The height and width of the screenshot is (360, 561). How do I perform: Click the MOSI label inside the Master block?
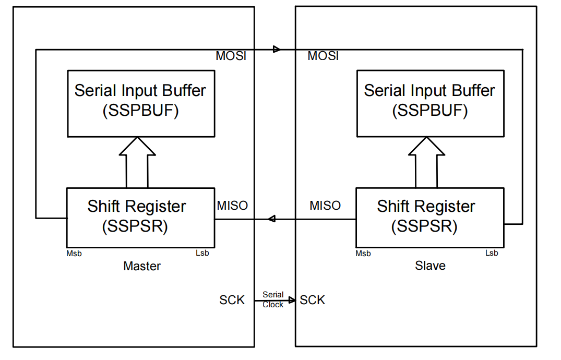(231, 56)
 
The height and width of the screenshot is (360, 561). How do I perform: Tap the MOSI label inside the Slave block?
(323, 56)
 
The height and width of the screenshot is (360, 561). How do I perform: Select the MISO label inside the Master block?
(232, 206)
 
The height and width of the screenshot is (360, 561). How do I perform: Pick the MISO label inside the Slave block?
(325, 206)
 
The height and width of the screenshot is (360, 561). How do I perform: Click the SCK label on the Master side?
(232, 300)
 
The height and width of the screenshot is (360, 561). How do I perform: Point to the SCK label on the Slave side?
(313, 300)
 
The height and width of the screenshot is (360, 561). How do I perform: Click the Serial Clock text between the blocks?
(273, 300)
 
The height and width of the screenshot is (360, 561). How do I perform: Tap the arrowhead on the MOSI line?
(277, 50)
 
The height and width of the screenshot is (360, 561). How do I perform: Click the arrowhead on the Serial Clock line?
(292, 300)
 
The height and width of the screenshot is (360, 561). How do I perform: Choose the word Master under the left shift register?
(142, 266)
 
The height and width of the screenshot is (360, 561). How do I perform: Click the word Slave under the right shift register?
(430, 266)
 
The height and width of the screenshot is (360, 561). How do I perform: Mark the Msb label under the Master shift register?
(74, 254)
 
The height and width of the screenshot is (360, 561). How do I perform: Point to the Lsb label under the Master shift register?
(202, 254)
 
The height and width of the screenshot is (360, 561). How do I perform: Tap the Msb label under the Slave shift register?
(363, 254)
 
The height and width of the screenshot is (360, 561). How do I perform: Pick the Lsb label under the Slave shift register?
(492, 253)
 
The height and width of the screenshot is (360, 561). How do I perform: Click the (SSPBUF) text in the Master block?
(140, 111)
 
